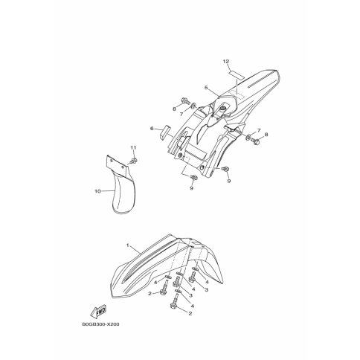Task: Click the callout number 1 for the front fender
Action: [x=128, y=245]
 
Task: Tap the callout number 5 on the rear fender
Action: [x=206, y=88]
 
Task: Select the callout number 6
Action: [x=152, y=128]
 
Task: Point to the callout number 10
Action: [x=97, y=191]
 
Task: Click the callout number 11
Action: [x=134, y=147]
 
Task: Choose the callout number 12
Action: [x=226, y=61]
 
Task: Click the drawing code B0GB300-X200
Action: [x=100, y=324]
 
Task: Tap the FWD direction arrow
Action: [x=99, y=312]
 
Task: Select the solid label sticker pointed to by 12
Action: [x=237, y=74]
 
